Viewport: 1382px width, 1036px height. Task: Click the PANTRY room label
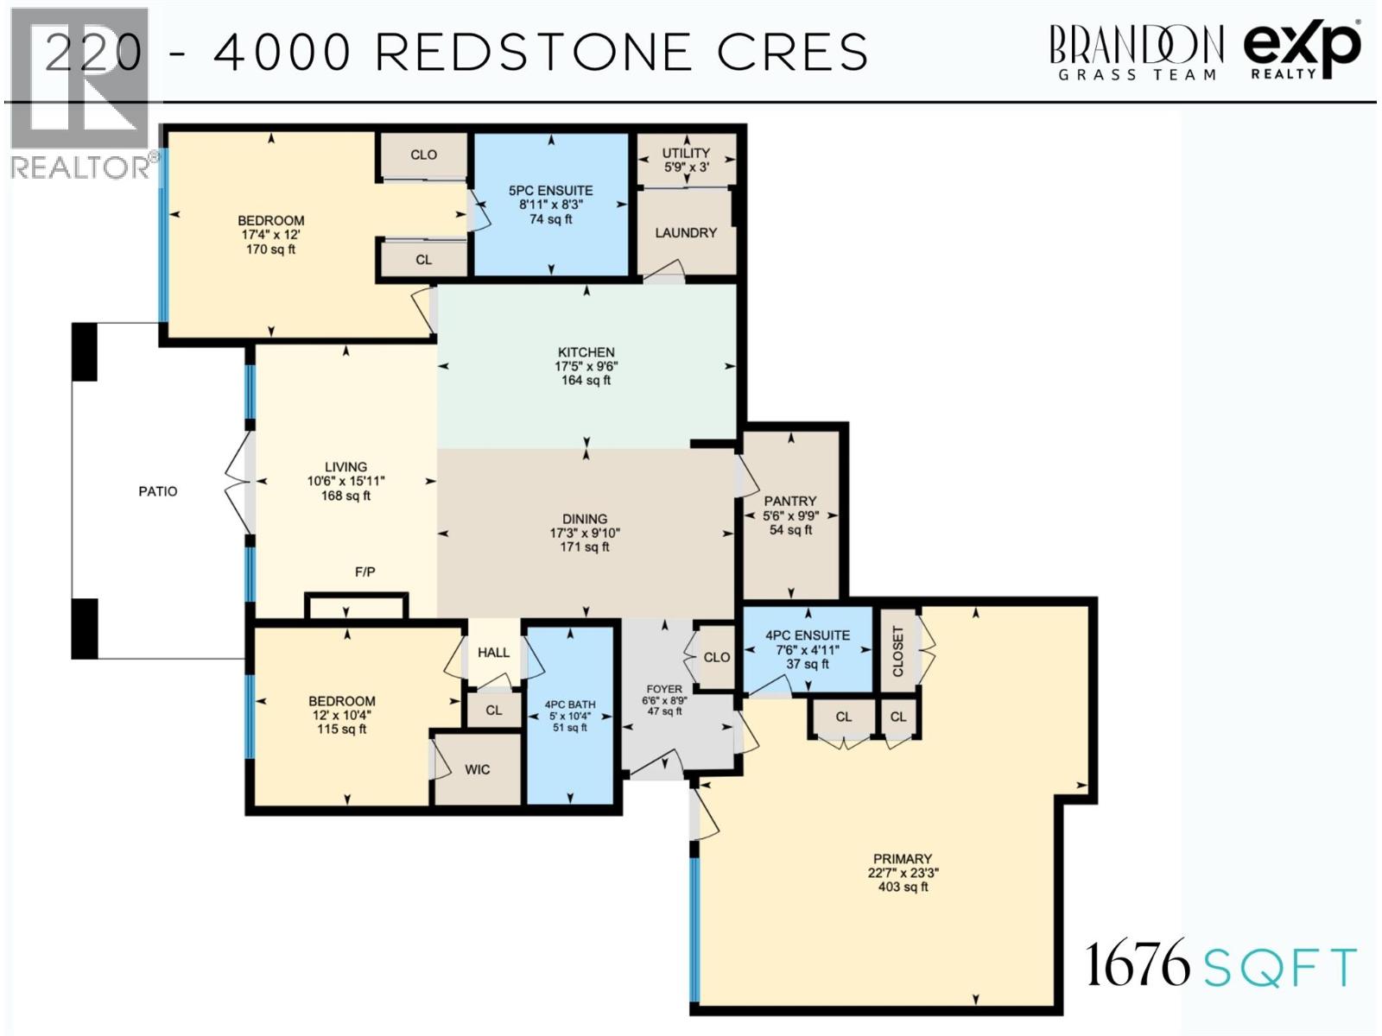(x=789, y=501)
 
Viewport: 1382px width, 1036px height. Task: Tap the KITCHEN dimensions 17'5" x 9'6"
(x=586, y=366)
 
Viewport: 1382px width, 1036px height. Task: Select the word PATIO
(x=158, y=491)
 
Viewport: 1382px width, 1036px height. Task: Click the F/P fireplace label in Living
(x=365, y=572)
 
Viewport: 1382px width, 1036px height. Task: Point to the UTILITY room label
(x=686, y=153)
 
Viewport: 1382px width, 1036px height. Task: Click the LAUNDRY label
(x=686, y=232)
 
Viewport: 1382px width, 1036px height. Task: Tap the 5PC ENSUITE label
(x=550, y=190)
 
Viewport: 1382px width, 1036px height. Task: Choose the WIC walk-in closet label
(x=477, y=769)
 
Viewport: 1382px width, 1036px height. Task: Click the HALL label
(x=493, y=652)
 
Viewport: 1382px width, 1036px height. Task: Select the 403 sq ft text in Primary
(x=903, y=887)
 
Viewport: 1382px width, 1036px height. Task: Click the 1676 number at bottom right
(x=1137, y=964)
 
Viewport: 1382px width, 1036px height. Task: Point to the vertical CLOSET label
(x=897, y=651)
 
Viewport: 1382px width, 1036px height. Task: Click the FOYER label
(x=664, y=689)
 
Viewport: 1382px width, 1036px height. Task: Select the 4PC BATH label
(x=570, y=704)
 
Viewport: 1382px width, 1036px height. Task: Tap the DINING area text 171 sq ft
(x=585, y=547)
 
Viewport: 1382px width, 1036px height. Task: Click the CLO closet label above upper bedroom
(x=423, y=155)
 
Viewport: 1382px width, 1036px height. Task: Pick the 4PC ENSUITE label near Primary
(x=808, y=635)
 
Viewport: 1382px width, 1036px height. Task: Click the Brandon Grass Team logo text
(x=1135, y=52)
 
